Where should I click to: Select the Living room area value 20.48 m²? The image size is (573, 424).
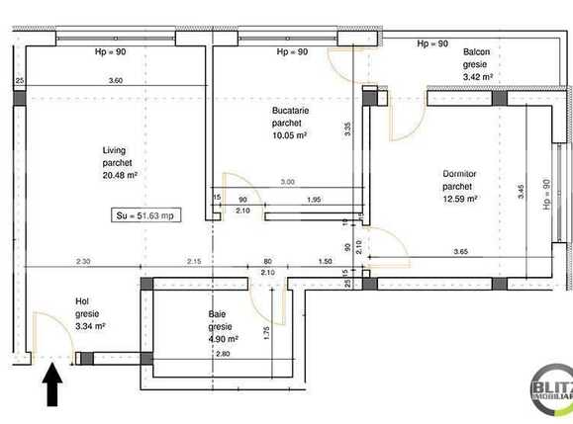pos(119,176)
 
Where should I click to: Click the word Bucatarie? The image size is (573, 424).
pos(290,111)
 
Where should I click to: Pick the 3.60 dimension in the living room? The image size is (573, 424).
pos(115,80)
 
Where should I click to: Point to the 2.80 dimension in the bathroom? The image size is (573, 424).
pos(223,354)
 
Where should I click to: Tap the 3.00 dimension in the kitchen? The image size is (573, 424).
pos(287,182)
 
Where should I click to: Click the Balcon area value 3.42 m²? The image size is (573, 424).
pos(476,74)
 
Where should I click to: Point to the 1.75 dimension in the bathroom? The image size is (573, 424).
pos(267,333)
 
